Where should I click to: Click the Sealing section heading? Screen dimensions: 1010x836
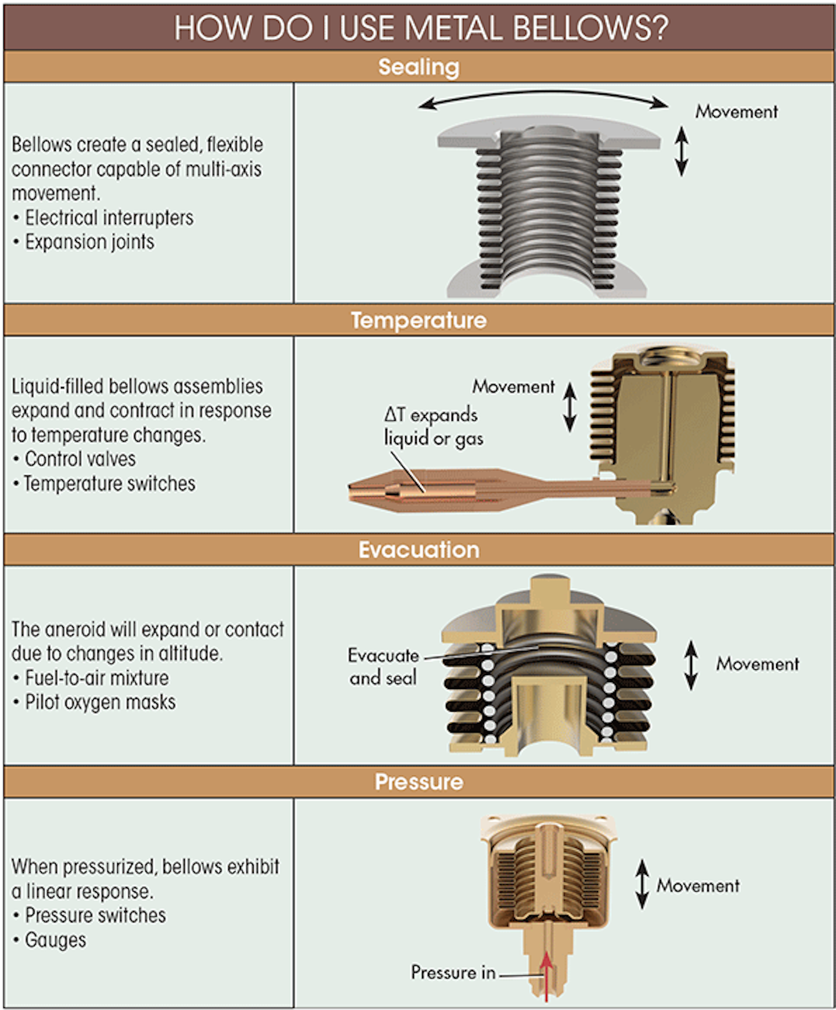point(419,67)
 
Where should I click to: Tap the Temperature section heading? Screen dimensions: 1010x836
point(419,320)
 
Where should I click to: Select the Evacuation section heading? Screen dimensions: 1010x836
point(419,550)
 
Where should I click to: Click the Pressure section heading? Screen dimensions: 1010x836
point(419,781)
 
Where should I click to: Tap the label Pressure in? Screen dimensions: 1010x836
point(453,972)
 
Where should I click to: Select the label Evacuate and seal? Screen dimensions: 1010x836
point(383,666)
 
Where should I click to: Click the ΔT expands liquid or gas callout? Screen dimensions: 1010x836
point(433,427)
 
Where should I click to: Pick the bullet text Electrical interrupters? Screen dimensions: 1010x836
point(109,218)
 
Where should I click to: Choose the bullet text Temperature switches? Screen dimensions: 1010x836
point(110,484)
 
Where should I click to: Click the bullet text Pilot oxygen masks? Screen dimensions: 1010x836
point(100,702)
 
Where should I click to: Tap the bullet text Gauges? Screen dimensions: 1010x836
point(56,940)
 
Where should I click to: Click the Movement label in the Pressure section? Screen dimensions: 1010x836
point(698,885)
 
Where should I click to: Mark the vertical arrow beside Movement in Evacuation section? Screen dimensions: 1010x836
point(691,665)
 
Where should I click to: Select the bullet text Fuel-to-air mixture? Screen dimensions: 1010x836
point(97,677)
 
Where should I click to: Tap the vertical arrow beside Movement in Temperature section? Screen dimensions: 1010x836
point(570,406)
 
